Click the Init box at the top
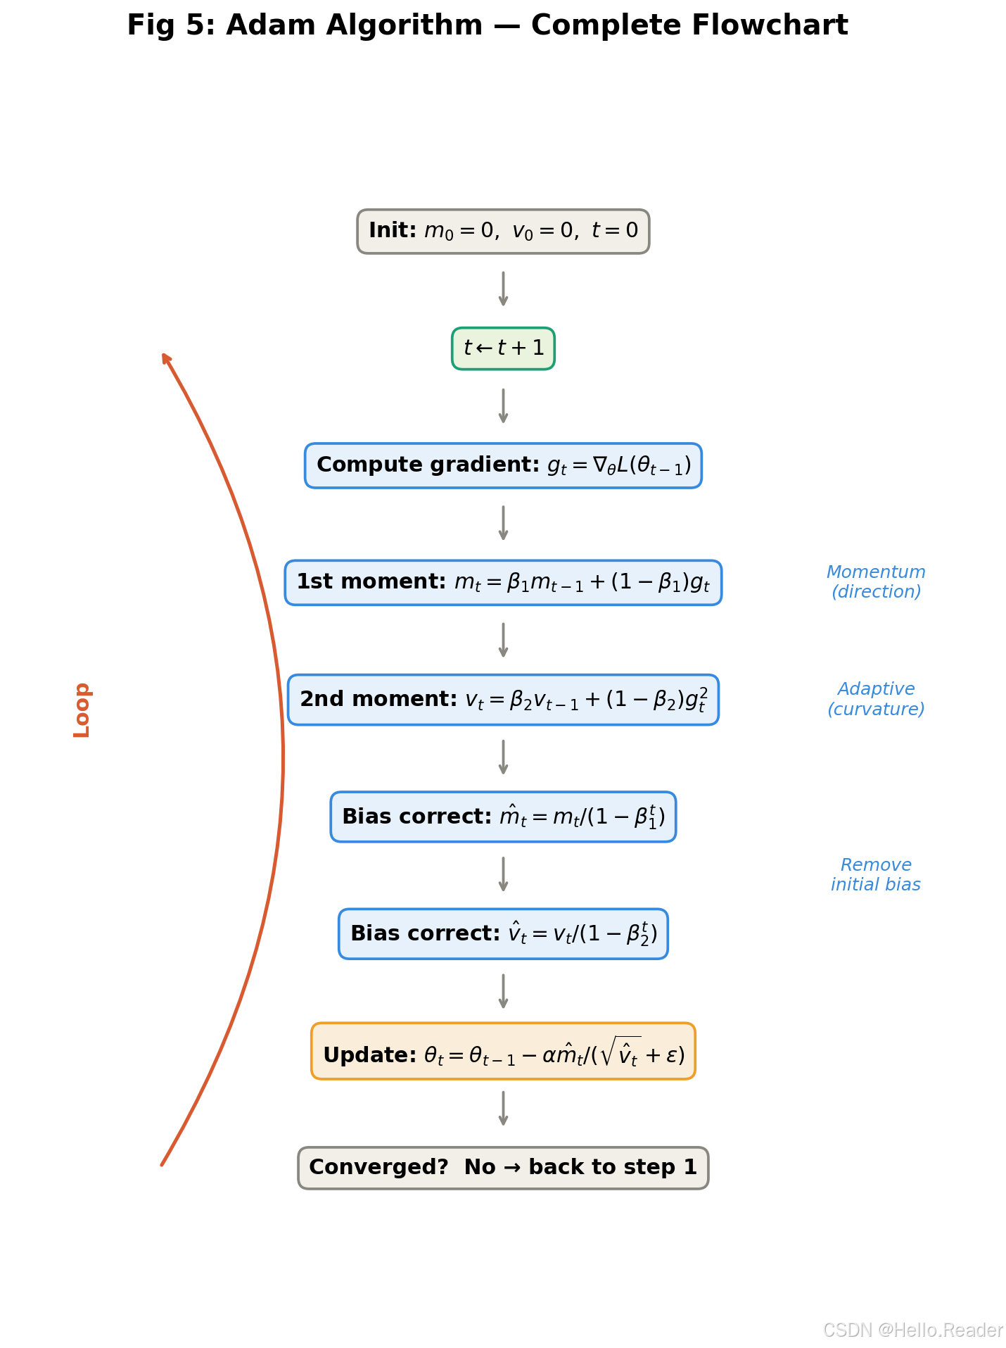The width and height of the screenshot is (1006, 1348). (503, 232)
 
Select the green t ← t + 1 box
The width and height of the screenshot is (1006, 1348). (503, 348)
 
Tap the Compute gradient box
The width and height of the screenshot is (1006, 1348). (503, 465)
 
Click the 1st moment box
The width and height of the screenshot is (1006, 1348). (503, 583)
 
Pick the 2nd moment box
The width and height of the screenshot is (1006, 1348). (503, 700)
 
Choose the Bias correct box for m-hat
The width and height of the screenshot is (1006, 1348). (503, 817)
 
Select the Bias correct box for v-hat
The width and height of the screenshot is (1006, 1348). (503, 934)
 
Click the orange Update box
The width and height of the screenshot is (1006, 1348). (503, 1051)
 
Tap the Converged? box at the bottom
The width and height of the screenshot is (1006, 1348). (503, 1168)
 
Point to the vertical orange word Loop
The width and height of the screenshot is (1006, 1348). (82, 710)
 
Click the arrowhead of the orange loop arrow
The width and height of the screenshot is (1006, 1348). (165, 358)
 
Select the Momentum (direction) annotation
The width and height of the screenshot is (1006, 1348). (876, 582)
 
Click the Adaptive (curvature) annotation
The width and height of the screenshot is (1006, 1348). (876, 699)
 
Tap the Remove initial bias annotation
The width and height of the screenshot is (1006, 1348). (876, 875)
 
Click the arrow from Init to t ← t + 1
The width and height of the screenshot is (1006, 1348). (503, 289)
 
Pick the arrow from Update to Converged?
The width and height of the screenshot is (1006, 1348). (503, 1108)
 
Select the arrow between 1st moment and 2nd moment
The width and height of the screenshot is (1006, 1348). (503, 640)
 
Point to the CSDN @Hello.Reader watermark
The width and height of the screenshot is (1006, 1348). (912, 1330)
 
